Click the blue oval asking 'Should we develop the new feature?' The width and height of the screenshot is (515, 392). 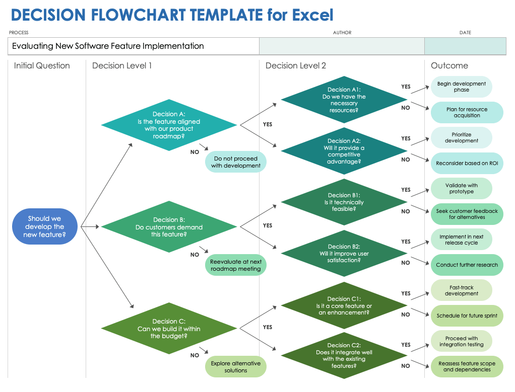(45, 226)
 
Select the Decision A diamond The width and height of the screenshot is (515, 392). (169, 125)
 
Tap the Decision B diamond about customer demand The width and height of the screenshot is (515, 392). (169, 227)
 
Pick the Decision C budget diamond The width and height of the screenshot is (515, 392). (169, 329)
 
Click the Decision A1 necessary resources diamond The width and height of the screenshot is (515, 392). (344, 100)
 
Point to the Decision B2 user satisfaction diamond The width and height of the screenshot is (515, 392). (344, 254)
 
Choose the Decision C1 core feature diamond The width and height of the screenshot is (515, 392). (344, 306)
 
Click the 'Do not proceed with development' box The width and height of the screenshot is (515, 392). (236, 163)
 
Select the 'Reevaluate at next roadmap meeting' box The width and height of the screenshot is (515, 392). (236, 265)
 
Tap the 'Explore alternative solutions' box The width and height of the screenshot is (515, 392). (236, 367)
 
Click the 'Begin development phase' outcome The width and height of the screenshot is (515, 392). (461, 87)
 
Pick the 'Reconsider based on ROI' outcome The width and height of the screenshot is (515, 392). (467, 163)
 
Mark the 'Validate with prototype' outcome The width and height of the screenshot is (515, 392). (461, 189)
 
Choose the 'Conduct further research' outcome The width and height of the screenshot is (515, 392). (467, 265)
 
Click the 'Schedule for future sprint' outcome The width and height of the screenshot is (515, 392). (467, 316)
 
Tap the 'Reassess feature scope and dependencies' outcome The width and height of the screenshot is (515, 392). (467, 367)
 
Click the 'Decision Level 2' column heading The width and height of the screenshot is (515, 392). (296, 66)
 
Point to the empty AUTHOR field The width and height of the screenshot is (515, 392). (342, 46)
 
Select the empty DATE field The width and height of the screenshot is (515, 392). (465, 46)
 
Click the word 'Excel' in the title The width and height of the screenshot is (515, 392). (313, 15)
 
